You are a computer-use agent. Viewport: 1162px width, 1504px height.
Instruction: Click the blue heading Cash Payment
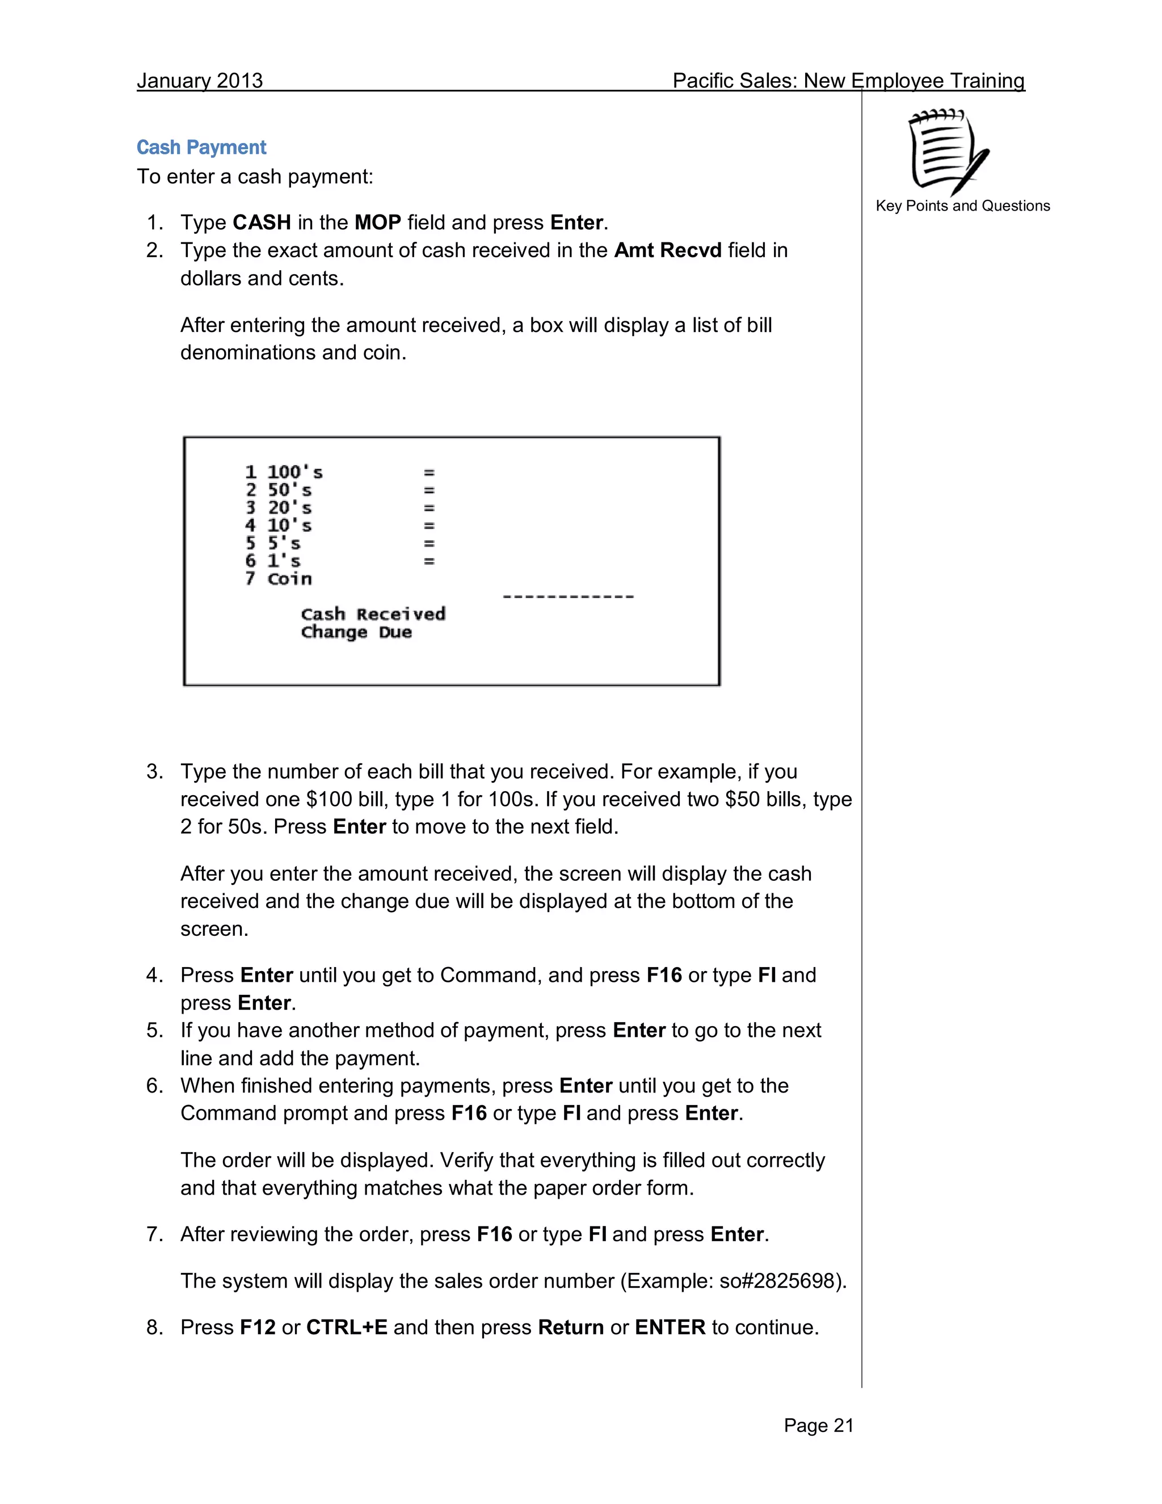click(201, 148)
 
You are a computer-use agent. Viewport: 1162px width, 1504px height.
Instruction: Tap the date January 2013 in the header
click(200, 81)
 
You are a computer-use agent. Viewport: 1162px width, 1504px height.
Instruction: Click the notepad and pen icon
click(949, 152)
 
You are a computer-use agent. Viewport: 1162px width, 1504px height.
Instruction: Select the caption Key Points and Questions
click(962, 206)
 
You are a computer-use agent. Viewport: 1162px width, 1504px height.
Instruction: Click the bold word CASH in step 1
click(262, 222)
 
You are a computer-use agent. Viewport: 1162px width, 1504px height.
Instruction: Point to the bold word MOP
click(377, 222)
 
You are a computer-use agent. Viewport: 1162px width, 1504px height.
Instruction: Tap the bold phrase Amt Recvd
click(667, 250)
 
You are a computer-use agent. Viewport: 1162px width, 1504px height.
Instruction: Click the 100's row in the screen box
click(284, 472)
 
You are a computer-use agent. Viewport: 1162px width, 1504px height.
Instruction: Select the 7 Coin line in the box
click(279, 579)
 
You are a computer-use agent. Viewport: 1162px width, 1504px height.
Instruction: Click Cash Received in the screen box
click(373, 614)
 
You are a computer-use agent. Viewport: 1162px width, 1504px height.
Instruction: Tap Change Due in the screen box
click(356, 632)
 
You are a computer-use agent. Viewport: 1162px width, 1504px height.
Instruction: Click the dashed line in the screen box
click(568, 596)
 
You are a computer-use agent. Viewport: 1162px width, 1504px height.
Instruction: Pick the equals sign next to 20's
click(429, 508)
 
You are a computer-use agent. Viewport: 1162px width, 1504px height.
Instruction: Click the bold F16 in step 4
click(664, 975)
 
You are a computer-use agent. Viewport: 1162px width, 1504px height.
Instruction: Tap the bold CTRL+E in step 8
click(346, 1327)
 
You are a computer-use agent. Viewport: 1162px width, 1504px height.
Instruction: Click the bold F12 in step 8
click(258, 1327)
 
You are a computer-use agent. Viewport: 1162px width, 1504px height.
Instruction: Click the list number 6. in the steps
click(155, 1086)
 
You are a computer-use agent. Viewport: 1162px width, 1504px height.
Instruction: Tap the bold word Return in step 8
click(571, 1327)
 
